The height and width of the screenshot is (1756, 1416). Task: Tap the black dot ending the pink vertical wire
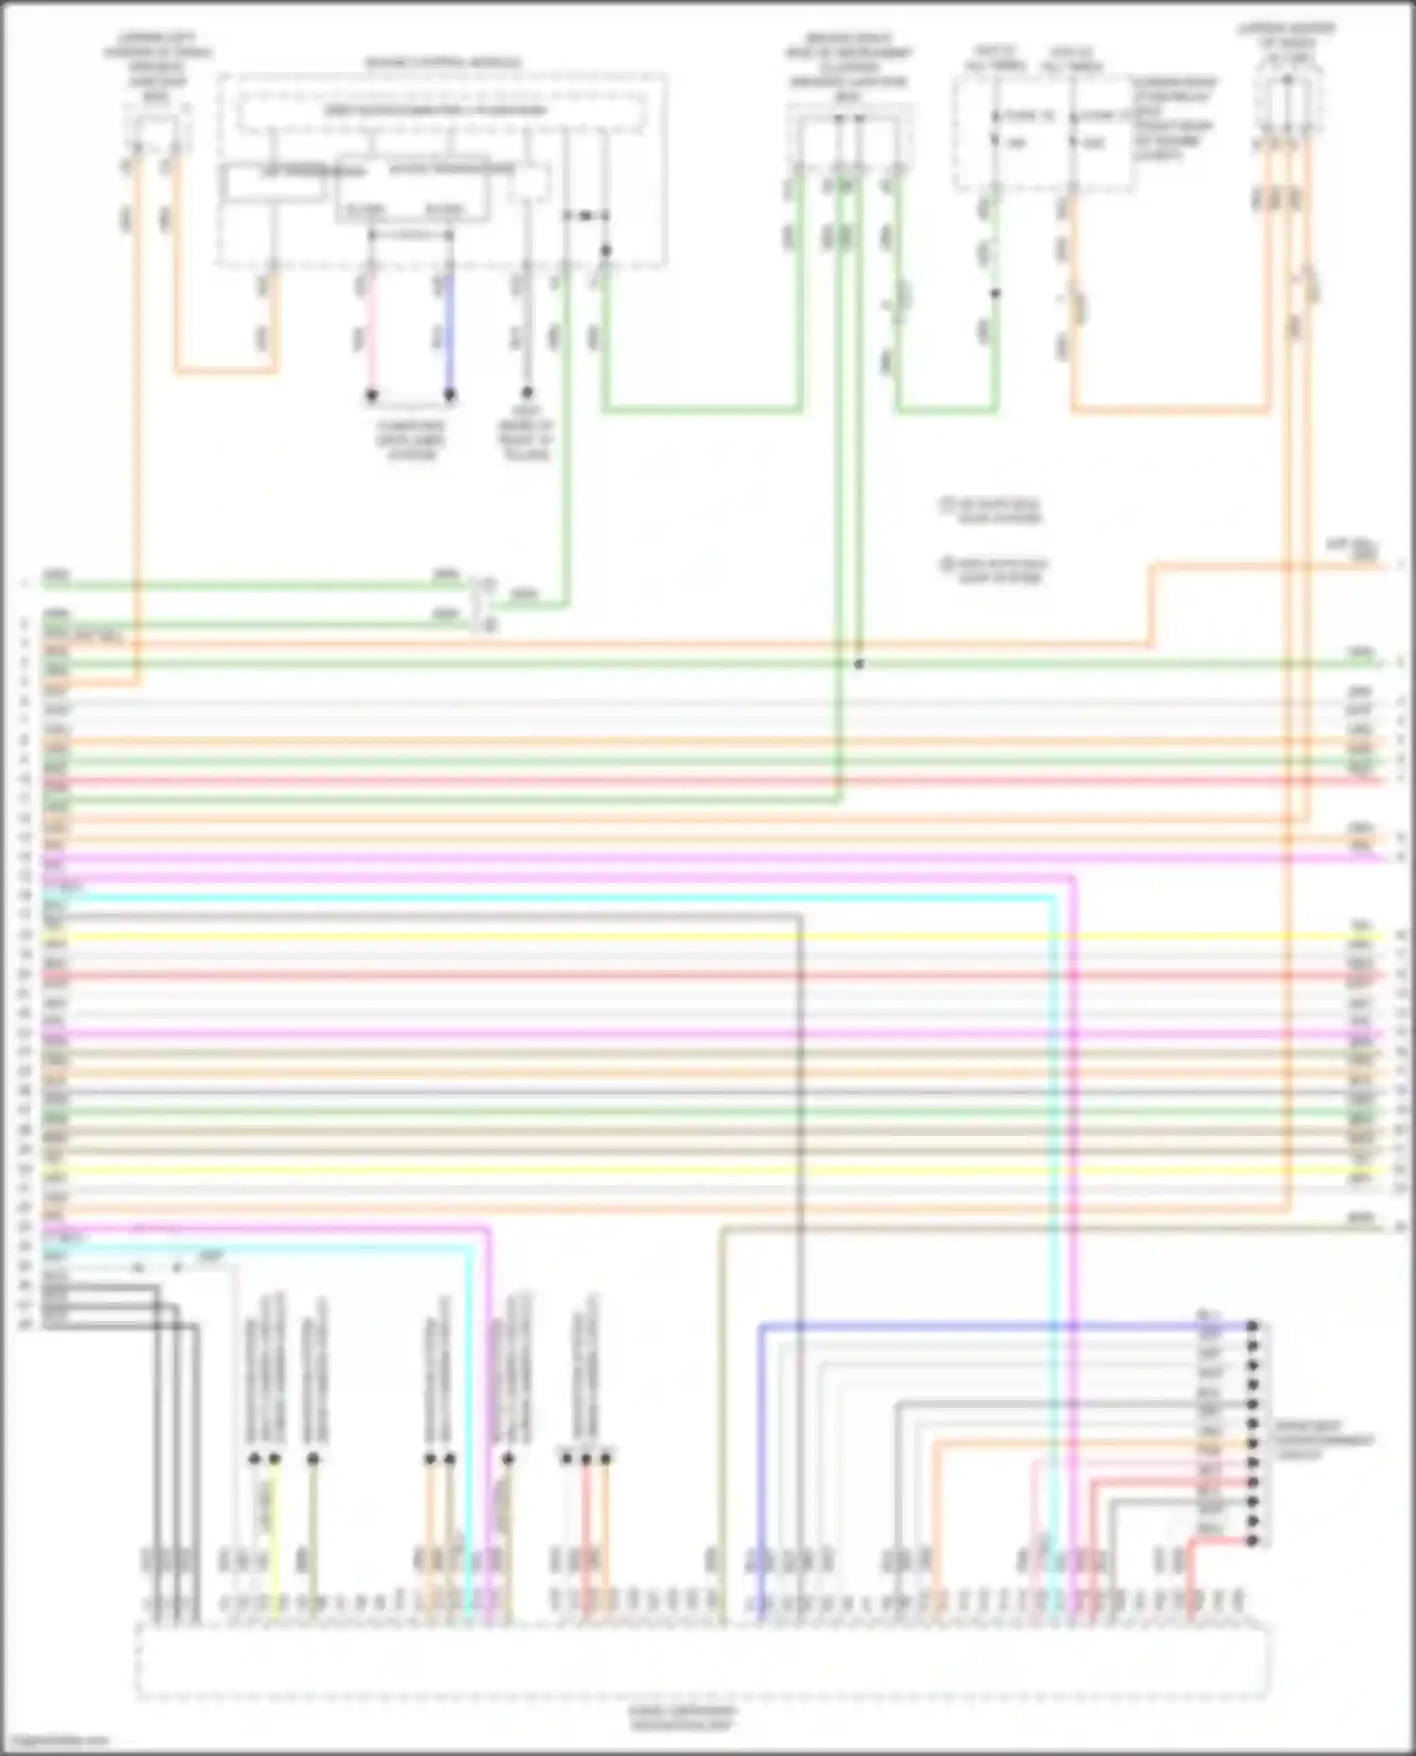[x=371, y=394]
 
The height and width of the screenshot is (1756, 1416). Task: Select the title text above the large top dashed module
[x=442, y=63]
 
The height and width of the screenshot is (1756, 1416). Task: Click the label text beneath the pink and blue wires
[x=411, y=440]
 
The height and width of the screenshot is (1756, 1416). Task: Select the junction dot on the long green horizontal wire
[x=859, y=664]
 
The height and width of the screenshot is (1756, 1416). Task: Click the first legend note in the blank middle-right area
[x=991, y=510]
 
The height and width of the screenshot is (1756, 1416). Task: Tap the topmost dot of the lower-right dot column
[x=1253, y=1326]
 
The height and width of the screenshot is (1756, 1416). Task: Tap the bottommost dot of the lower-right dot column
[x=1253, y=1541]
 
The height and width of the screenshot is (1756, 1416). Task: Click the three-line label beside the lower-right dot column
[x=1322, y=1441]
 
